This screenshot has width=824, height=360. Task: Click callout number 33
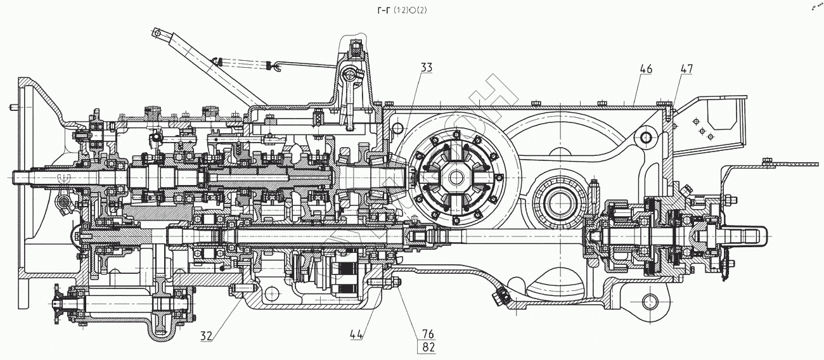(425, 67)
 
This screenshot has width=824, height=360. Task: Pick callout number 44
(356, 333)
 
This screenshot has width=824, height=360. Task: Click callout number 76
(426, 333)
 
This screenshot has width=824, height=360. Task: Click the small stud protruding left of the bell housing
(14, 107)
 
